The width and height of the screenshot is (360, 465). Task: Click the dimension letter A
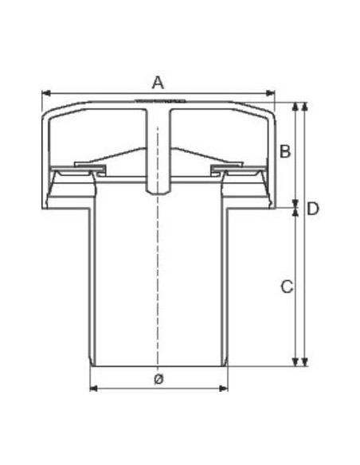pyautogui.click(x=158, y=83)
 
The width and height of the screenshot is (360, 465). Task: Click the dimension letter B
pyautogui.click(x=285, y=151)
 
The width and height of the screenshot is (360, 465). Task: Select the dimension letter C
pyautogui.click(x=287, y=287)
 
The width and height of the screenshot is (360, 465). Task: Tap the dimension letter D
pyautogui.click(x=313, y=209)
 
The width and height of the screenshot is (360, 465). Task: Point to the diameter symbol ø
pyautogui.click(x=159, y=379)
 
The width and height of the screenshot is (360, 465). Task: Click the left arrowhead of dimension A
pyautogui.click(x=46, y=93)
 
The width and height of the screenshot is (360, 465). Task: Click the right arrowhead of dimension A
pyautogui.click(x=271, y=93)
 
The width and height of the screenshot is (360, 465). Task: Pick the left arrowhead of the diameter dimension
pyautogui.click(x=94, y=389)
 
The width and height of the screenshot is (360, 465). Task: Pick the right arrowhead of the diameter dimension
pyautogui.click(x=224, y=389)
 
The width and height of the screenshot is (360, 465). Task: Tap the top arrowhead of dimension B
pyautogui.click(x=295, y=107)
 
